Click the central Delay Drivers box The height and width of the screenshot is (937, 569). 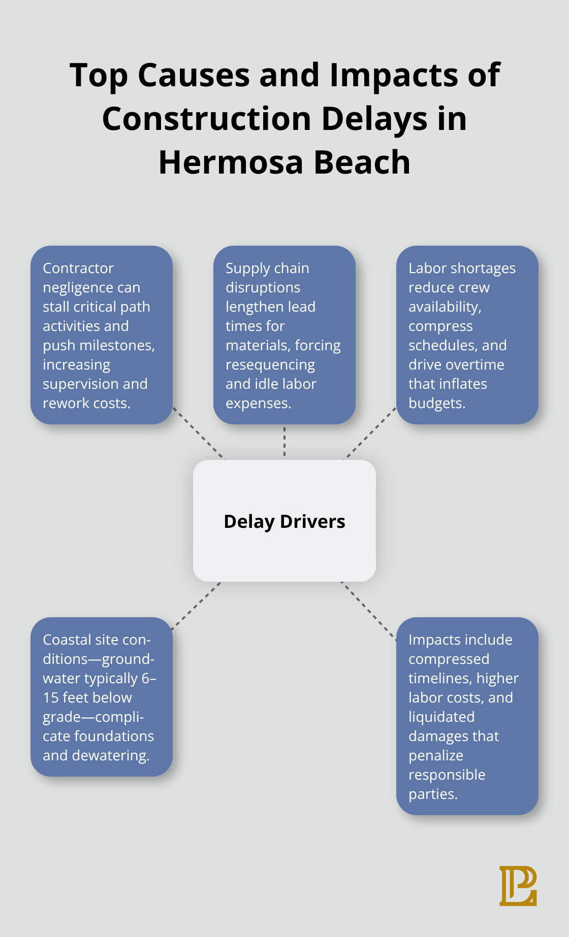(284, 521)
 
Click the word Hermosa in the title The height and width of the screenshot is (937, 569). (231, 162)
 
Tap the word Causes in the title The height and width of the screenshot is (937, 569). (194, 75)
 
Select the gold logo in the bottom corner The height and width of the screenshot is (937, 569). (518, 886)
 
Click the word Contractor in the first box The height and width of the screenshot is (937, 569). (78, 268)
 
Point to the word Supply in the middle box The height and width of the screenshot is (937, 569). (245, 268)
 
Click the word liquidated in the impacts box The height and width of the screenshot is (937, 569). (441, 717)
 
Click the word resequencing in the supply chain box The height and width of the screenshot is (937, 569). (270, 364)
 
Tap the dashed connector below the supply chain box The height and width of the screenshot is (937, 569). (284, 442)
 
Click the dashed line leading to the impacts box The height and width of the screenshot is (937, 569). (368, 610)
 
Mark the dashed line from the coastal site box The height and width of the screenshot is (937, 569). (196, 606)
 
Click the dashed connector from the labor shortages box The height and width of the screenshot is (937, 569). (371, 433)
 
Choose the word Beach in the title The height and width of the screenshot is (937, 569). (361, 162)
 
